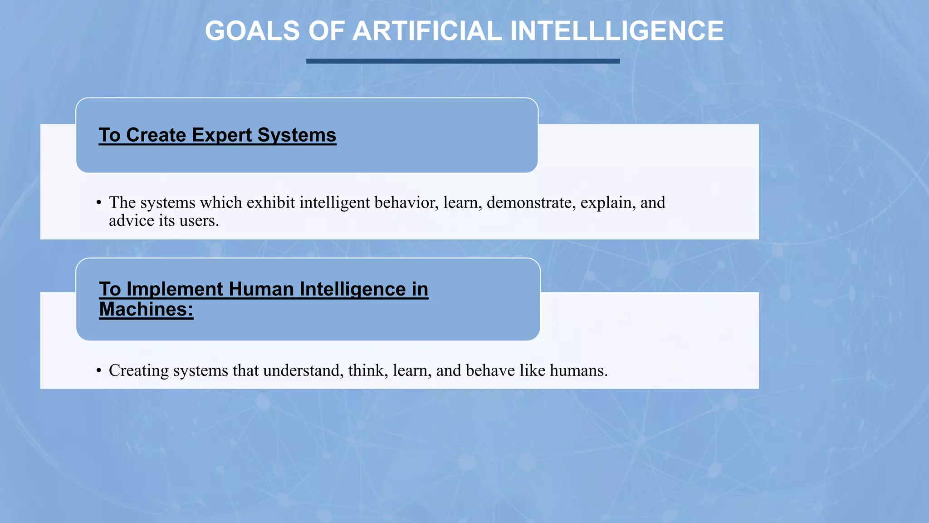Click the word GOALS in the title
pyautogui.click(x=252, y=31)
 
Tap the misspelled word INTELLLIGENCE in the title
pyautogui.click(x=616, y=31)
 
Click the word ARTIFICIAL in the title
pyautogui.click(x=427, y=31)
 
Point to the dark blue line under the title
pyautogui.click(x=463, y=61)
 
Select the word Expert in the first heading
pyautogui.click(x=222, y=135)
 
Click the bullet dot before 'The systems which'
pyautogui.click(x=99, y=203)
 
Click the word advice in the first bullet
pyautogui.click(x=132, y=221)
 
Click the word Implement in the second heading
pyautogui.click(x=175, y=289)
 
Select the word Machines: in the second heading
pyautogui.click(x=146, y=310)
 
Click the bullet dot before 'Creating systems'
pyautogui.click(x=99, y=371)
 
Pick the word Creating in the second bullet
pyautogui.click(x=139, y=370)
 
